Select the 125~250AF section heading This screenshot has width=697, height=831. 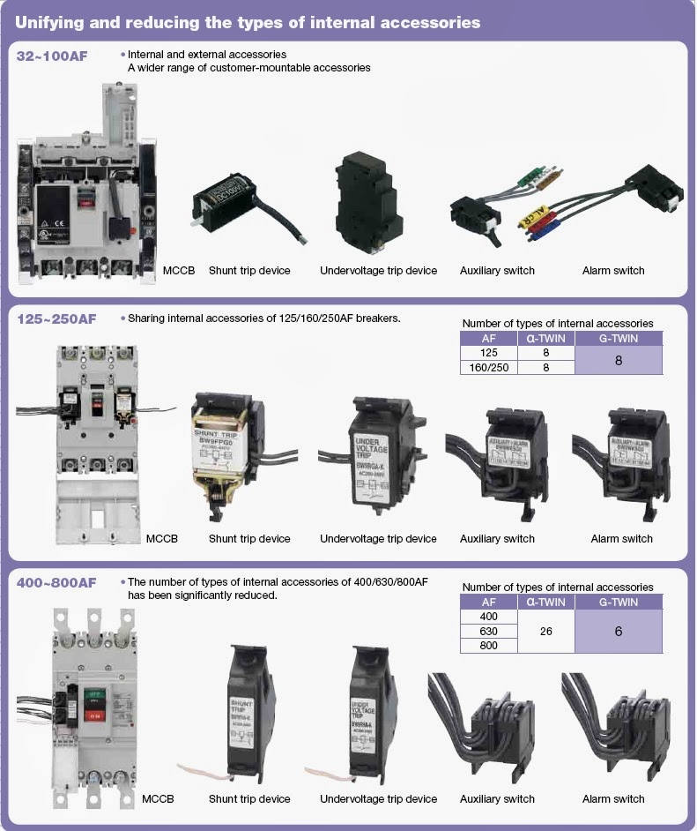tap(56, 319)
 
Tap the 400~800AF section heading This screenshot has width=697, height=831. tap(56, 583)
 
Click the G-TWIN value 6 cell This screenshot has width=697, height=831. tap(618, 632)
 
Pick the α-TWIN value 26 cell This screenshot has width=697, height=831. tap(545, 632)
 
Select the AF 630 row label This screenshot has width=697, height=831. tap(488, 632)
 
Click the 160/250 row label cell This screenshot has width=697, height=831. tap(488, 367)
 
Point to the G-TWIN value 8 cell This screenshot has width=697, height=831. tap(618, 360)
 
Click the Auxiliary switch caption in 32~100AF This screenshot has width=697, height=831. tap(497, 271)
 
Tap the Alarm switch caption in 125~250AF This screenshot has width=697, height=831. tap(621, 539)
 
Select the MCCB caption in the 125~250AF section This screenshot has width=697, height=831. tap(161, 539)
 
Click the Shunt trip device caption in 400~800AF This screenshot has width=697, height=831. tap(249, 799)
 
